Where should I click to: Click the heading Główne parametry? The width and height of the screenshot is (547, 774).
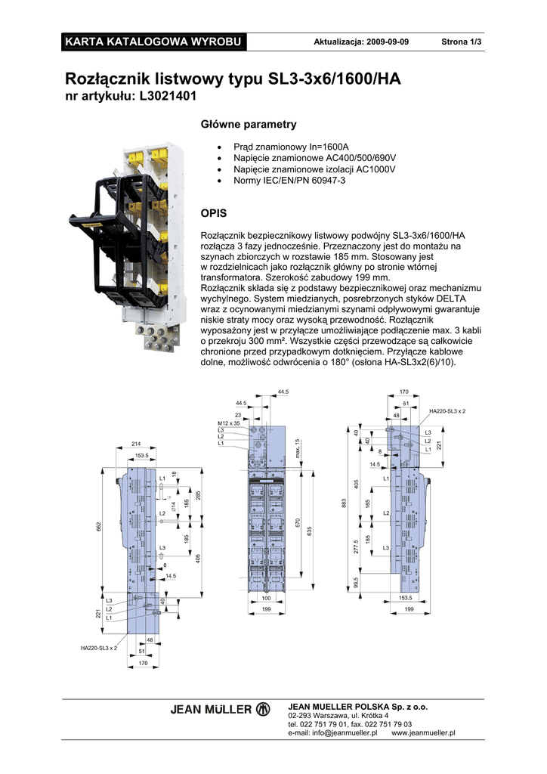coord(248,124)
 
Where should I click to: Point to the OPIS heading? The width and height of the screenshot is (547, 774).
coord(212,214)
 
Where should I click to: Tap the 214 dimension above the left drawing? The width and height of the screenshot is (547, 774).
coord(137,444)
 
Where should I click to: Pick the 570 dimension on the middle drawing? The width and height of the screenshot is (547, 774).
coord(298,523)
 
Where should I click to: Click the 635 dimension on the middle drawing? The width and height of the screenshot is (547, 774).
coord(309,533)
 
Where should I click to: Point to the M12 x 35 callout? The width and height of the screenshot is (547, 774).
coord(228,423)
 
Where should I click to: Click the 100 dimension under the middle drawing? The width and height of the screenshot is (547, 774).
coord(266,599)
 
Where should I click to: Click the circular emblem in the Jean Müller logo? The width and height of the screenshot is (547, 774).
coord(263,709)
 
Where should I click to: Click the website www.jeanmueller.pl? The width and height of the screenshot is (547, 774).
coord(424,732)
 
